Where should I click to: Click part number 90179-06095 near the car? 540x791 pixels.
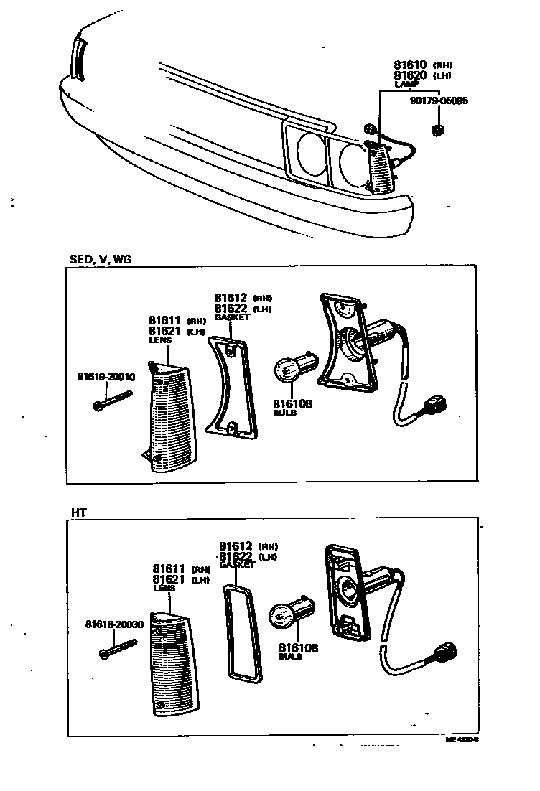tap(439, 101)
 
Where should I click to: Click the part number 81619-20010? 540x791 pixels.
tap(106, 376)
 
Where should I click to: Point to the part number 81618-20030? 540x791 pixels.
tap(114, 624)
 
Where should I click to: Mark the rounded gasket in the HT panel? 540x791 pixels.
tap(240, 632)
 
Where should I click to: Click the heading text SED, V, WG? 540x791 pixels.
tap(100, 259)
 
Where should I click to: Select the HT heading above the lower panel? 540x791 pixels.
tap(78, 512)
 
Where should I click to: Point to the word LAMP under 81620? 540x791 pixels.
tap(406, 84)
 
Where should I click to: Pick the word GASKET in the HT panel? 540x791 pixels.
tap(237, 565)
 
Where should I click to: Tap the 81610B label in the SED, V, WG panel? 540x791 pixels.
tap(293, 403)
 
